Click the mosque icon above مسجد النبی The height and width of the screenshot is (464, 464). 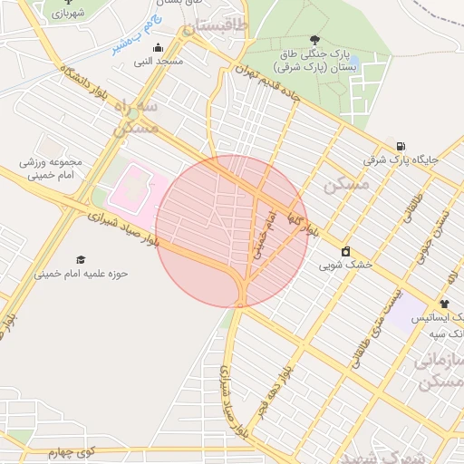click(x=159, y=48)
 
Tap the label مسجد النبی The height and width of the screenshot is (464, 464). click(x=159, y=62)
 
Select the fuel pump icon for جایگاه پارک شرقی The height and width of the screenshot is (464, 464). click(x=400, y=145)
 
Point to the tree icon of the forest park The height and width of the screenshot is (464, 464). click(x=314, y=40)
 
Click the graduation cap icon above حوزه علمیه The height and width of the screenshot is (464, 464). click(x=82, y=259)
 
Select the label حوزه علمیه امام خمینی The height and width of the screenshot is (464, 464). click(x=82, y=273)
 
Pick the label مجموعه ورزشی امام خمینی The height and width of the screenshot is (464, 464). click(x=51, y=169)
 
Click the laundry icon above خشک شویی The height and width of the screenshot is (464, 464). click(x=345, y=251)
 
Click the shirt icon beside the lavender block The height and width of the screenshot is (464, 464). click(x=444, y=304)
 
